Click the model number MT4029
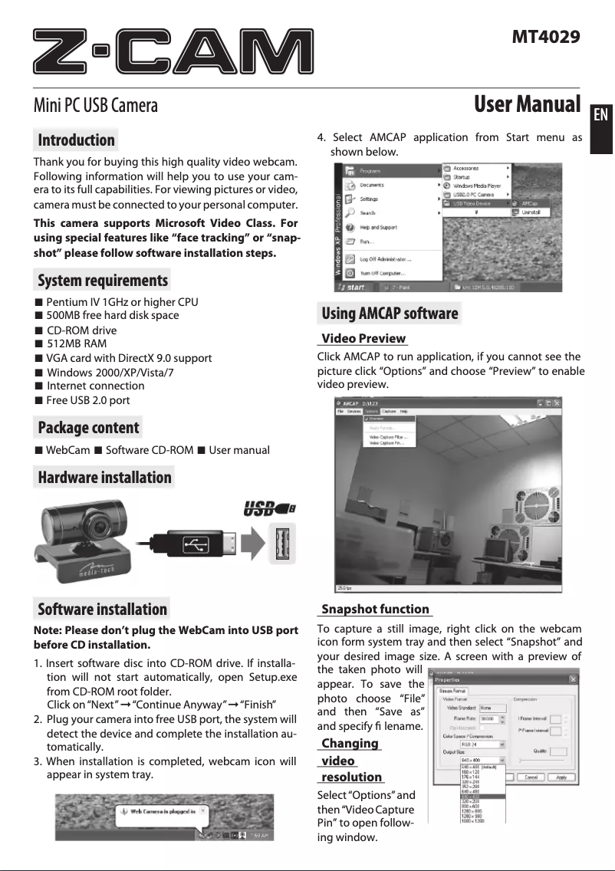(545, 36)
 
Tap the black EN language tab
(601, 115)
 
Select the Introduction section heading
(76, 140)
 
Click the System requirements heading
(102, 280)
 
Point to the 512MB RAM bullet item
(77, 344)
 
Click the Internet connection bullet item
(95, 386)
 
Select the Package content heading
(88, 428)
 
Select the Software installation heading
(102, 610)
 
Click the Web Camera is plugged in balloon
(161, 810)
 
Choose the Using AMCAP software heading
(389, 314)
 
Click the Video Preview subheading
(363, 339)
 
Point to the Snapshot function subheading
(375, 610)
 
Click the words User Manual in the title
(527, 104)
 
